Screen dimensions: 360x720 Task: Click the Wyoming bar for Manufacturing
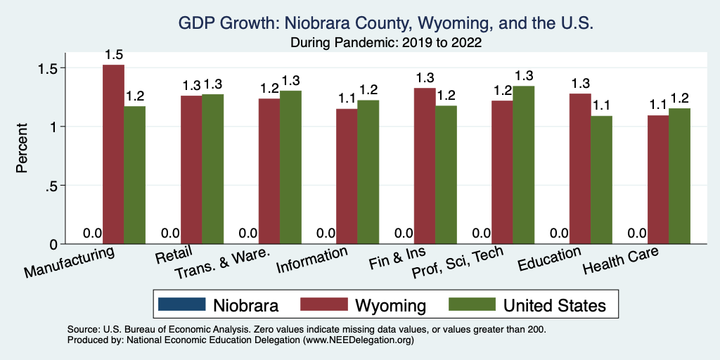tap(113, 155)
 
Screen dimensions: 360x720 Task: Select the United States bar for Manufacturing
tap(134, 175)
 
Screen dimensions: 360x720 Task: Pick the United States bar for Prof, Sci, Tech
tap(523, 165)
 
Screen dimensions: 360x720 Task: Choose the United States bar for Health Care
tap(679, 176)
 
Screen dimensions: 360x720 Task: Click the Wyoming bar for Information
tap(347, 176)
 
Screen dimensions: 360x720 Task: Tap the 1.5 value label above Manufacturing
tap(114, 54)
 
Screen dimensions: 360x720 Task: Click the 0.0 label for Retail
tap(170, 233)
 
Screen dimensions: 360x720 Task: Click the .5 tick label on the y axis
tap(53, 186)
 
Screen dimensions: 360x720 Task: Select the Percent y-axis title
tap(22, 149)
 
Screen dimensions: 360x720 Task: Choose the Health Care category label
tap(622, 264)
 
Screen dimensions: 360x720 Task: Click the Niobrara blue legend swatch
tap(182, 304)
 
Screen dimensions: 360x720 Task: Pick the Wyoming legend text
tap(390, 305)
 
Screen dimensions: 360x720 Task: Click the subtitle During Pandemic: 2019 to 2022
tap(386, 43)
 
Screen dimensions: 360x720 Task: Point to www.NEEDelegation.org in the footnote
tap(357, 340)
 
